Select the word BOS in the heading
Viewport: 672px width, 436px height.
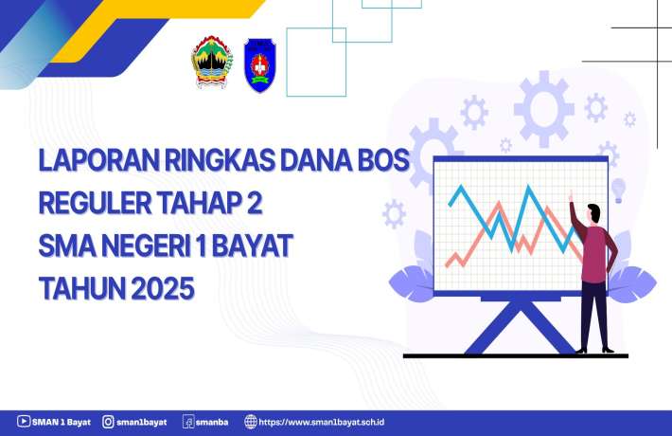coord(381,162)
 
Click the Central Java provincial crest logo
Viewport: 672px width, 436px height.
coord(212,63)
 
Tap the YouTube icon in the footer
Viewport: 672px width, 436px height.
coord(23,422)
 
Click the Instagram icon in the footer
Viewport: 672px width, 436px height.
coord(109,422)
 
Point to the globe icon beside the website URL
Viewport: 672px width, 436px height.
coord(250,422)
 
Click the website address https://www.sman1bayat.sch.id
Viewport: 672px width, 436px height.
coord(327,422)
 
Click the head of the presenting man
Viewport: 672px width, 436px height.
coord(593,213)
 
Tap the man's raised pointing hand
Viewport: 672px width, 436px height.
coord(571,195)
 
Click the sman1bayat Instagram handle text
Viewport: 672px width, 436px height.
coord(142,422)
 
